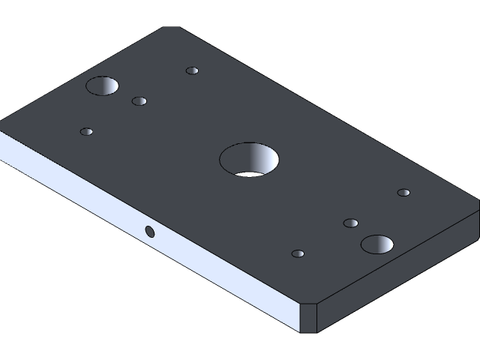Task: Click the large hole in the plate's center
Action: pos(249,160)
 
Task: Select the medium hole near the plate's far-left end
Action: pos(103,85)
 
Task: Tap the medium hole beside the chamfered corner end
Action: pos(377,244)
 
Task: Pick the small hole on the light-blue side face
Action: pos(150,231)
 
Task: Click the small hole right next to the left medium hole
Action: pos(139,101)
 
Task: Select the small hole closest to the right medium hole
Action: pos(350,223)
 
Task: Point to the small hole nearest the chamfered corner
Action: pos(298,253)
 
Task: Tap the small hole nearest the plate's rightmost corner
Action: pos(403,193)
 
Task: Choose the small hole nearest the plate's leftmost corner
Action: pos(87,132)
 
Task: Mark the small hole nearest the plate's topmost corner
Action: pos(193,71)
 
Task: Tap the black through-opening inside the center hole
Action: pos(247,174)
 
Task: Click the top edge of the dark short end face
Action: pos(397,255)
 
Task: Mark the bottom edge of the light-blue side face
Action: pos(150,253)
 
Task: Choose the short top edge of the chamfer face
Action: pos(309,303)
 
